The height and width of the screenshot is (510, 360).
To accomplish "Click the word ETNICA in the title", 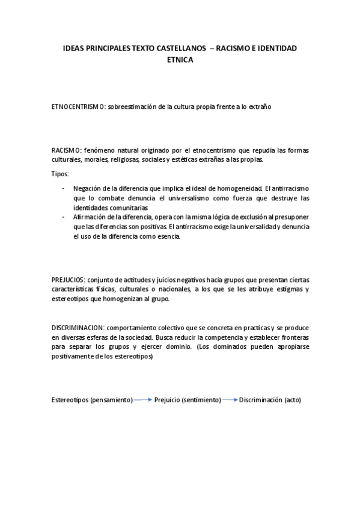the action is click(180, 60).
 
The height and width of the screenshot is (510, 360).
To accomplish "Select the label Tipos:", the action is click(60, 174).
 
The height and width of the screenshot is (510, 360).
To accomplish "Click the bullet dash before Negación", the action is click(64, 189).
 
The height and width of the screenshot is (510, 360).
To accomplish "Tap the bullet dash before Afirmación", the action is click(64, 217).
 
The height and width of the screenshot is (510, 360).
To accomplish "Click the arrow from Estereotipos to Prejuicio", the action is click(143, 399).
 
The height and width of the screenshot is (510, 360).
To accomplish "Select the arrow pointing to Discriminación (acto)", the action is click(230, 399).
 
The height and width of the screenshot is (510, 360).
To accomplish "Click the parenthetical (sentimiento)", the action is click(201, 400).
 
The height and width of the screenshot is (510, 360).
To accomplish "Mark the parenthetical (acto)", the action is click(292, 400).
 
